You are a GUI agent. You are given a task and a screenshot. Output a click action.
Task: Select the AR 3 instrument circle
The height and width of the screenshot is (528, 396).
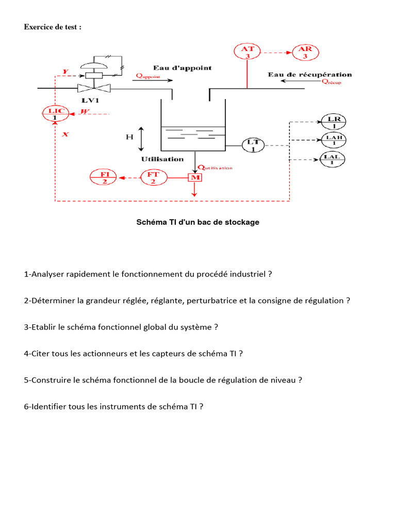(305, 52)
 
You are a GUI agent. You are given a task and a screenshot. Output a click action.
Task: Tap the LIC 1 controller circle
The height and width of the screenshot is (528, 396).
(55, 114)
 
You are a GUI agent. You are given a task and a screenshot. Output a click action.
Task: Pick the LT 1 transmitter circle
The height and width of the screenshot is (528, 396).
(253, 145)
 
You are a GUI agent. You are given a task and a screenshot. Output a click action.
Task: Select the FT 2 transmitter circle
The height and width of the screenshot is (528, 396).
(153, 178)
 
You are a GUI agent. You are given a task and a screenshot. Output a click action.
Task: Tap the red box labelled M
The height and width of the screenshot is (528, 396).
(195, 178)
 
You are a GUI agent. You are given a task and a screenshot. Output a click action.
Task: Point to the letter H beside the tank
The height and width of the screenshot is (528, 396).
(130, 137)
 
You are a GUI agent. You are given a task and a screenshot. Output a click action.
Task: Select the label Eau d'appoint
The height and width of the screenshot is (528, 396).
(182, 68)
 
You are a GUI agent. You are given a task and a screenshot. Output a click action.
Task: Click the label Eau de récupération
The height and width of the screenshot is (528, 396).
(309, 75)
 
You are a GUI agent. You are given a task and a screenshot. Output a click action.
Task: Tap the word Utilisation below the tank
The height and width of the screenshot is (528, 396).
(162, 159)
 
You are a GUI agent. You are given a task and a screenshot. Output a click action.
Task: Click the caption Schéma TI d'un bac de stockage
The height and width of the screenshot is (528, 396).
(197, 222)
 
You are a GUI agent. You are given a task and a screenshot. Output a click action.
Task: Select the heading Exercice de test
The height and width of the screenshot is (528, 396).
(53, 27)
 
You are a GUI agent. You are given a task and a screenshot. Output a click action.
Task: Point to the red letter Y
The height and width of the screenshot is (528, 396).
(65, 71)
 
